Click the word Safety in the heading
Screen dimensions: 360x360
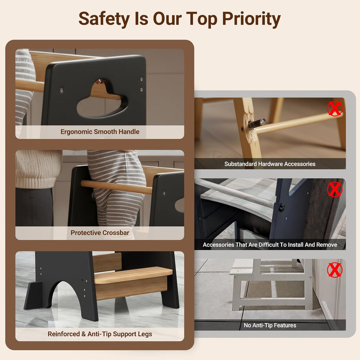(104, 19)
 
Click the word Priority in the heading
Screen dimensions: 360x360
(252, 19)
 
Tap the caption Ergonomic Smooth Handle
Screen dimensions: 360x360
(100, 132)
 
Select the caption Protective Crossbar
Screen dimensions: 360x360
(100, 233)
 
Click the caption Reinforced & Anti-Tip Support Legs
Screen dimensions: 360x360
(100, 334)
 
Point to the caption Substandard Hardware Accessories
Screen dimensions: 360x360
(270, 164)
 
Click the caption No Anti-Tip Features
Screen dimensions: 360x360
(270, 325)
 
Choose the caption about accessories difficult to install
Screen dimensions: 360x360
(270, 245)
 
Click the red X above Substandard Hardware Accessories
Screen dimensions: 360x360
(335, 108)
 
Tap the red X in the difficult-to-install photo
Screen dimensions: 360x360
(335, 189)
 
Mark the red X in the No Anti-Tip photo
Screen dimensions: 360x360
(335, 270)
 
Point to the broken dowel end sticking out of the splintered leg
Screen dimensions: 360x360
(257, 123)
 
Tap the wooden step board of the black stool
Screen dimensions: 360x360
(133, 275)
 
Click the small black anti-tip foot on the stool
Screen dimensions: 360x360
(33, 295)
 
